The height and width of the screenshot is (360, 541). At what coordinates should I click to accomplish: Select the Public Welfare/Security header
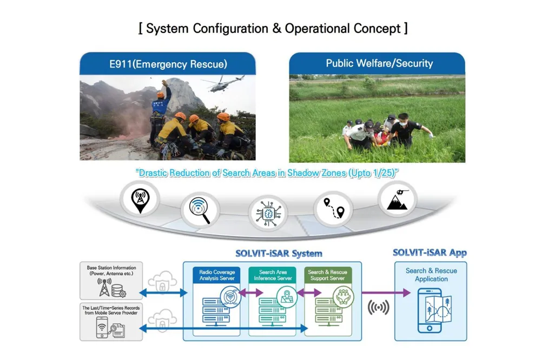coord(379,63)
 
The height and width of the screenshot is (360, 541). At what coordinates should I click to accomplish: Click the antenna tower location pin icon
coord(140,200)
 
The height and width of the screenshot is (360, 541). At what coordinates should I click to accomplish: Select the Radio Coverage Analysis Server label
coord(216,275)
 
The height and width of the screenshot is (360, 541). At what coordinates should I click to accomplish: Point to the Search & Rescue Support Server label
coord(327,275)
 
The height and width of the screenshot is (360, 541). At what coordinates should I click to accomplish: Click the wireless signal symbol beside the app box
coord(378,308)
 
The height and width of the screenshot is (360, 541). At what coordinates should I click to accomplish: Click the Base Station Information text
coord(111,270)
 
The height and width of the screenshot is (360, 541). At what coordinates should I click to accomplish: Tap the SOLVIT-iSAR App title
coord(430,252)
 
